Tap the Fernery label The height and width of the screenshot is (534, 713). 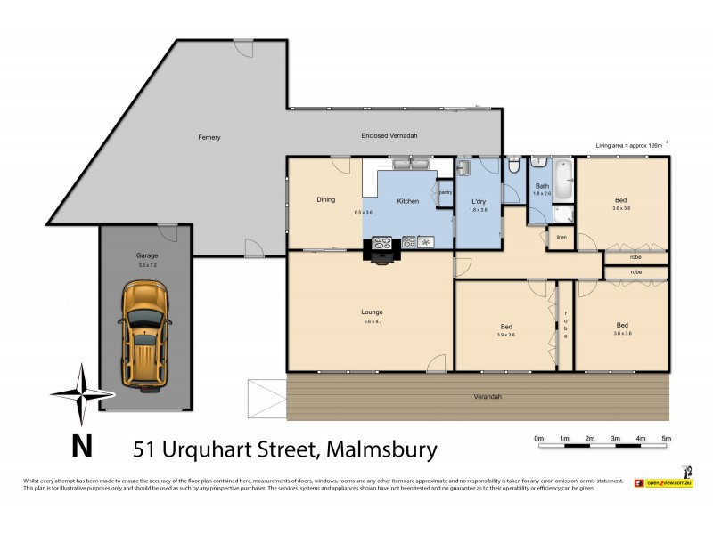point(209,137)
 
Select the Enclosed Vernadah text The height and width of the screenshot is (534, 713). point(389,135)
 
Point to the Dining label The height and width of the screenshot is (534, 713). point(325,200)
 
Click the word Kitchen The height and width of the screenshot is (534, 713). point(407,201)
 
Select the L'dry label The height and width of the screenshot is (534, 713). point(479,200)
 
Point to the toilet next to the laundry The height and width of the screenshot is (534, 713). point(513,166)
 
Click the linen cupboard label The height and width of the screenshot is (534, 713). point(561,237)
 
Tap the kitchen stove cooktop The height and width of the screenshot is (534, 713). point(382,241)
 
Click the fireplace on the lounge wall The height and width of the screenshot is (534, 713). point(381,256)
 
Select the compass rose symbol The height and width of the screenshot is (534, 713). point(81,393)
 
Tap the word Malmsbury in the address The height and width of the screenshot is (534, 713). point(382,449)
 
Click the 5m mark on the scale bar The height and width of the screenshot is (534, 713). point(666,439)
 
